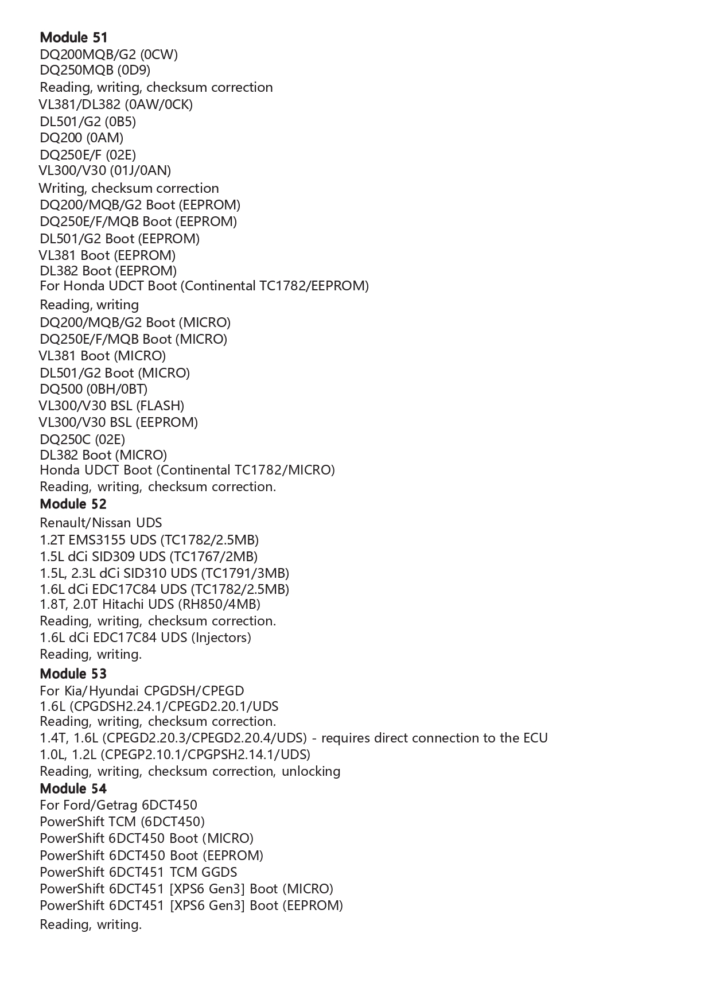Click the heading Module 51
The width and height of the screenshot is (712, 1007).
point(73,38)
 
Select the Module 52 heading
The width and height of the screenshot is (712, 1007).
point(73,504)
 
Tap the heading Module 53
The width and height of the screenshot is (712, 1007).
point(73,674)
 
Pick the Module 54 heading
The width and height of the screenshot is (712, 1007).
point(73,788)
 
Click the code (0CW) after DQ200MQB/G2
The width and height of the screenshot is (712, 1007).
point(159,55)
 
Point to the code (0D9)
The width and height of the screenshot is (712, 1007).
point(134,70)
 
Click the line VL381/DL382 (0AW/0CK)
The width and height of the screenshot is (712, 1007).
point(115,104)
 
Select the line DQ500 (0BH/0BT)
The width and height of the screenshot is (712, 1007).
point(94,389)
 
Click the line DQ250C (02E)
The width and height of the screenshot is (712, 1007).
point(82,440)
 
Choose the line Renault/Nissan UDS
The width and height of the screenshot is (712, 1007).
point(100,523)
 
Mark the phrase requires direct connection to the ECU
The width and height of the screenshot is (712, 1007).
point(434,738)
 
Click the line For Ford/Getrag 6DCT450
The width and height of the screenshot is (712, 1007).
point(118,805)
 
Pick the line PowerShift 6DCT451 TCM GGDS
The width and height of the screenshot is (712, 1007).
point(138,872)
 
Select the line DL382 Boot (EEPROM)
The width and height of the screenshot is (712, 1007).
point(108,271)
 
